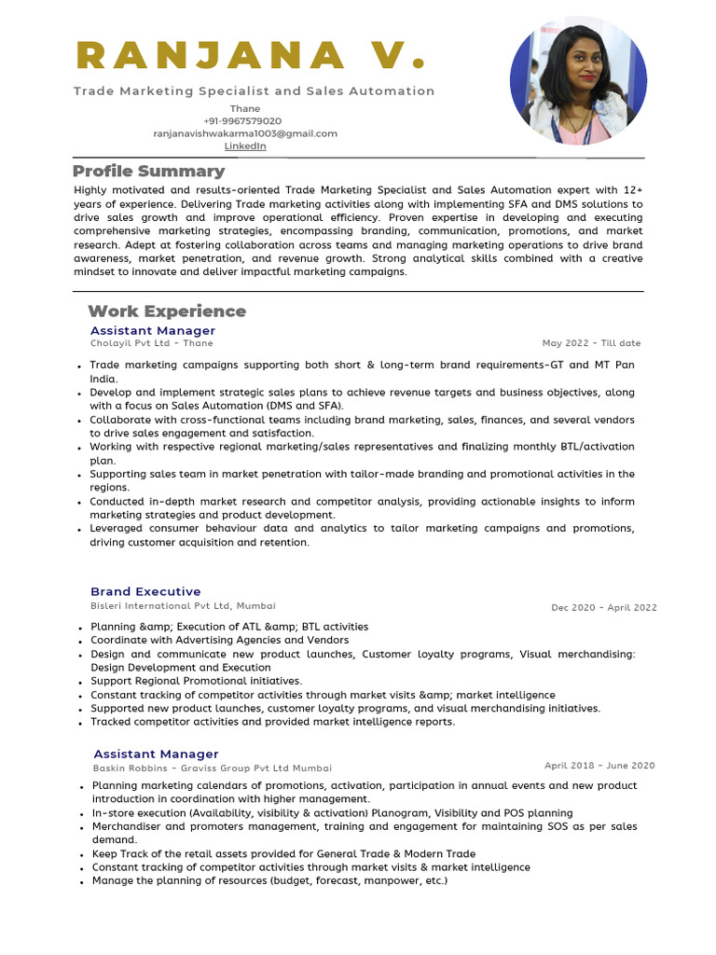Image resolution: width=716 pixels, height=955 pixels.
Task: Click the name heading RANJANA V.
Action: click(x=251, y=55)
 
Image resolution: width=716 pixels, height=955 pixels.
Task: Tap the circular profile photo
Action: click(x=578, y=85)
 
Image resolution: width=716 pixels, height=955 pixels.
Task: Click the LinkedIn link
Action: click(x=245, y=146)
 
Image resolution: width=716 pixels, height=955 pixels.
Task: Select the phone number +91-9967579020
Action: click(x=242, y=121)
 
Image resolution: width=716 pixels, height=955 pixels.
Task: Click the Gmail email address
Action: click(x=245, y=133)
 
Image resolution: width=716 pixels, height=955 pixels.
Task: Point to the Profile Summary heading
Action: click(x=148, y=172)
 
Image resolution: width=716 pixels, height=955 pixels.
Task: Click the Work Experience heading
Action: click(x=167, y=311)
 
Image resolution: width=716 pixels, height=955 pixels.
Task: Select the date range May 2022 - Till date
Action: click(x=591, y=343)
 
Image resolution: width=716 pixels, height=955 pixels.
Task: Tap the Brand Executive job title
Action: click(x=145, y=592)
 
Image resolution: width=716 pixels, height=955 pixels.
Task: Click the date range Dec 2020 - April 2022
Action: click(x=603, y=608)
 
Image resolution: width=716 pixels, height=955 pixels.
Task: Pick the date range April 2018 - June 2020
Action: click(x=599, y=766)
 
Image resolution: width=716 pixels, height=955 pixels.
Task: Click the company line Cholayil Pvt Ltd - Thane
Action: click(x=151, y=343)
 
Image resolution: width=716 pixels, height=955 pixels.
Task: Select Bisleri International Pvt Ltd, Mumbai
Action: click(x=183, y=606)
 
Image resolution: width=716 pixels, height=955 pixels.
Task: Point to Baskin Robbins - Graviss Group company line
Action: click(x=212, y=768)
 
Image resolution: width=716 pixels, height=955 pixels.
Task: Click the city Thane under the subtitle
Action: click(x=245, y=109)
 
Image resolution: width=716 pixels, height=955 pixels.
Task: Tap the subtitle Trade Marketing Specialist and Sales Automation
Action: click(x=254, y=91)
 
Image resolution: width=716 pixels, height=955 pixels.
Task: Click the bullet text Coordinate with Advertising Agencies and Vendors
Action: click(x=219, y=641)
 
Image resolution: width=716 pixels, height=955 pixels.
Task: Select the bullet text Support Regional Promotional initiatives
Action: click(x=196, y=682)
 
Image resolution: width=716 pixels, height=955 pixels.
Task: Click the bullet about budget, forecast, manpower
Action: click(x=269, y=881)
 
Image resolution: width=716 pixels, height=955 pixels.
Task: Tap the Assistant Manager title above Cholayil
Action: click(x=152, y=331)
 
